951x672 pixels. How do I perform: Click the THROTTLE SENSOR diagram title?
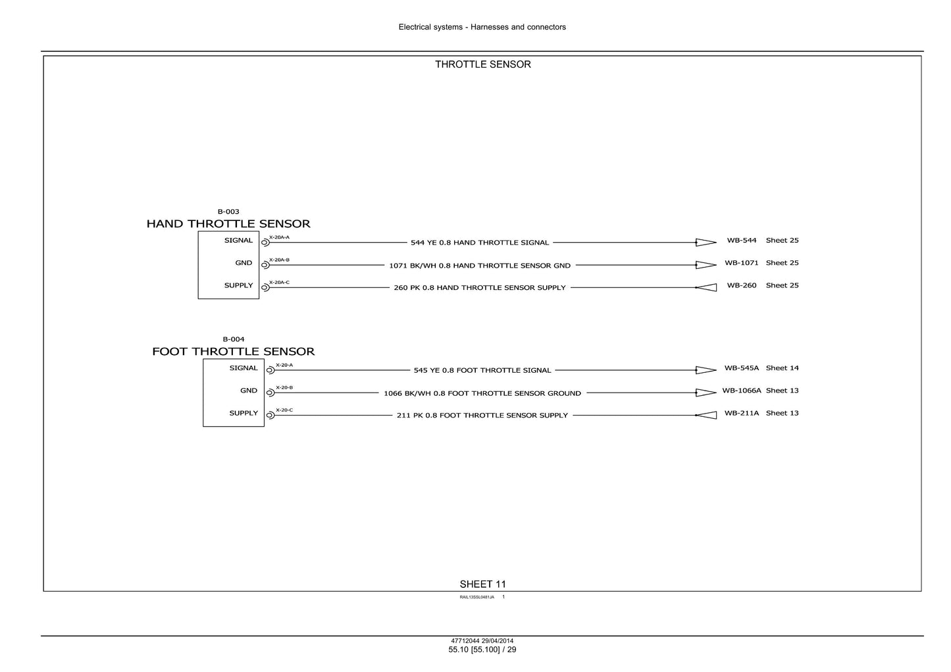(482, 64)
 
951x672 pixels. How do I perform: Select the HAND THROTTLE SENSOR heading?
(228, 224)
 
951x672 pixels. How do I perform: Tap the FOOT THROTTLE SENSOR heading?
(234, 351)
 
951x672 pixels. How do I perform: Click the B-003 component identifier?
(228, 211)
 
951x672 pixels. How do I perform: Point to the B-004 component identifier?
(234, 339)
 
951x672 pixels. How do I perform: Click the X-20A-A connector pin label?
(279, 237)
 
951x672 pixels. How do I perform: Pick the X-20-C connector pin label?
(284, 410)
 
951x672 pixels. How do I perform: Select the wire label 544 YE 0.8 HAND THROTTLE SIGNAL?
(480, 243)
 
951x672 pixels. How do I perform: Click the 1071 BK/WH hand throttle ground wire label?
(480, 266)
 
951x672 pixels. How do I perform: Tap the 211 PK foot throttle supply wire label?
(482, 416)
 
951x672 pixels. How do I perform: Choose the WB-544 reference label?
(742, 240)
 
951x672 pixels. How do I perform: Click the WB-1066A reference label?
(742, 391)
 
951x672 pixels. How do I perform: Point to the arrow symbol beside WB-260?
(706, 287)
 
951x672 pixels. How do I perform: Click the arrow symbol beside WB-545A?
(706, 370)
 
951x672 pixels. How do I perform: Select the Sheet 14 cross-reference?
(782, 368)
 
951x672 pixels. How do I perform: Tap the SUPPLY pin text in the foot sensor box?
(244, 413)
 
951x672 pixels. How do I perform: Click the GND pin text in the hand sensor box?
(244, 262)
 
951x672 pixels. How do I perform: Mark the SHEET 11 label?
(482, 584)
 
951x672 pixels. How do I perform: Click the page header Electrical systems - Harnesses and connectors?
(482, 27)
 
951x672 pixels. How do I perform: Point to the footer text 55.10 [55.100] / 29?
(482, 650)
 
